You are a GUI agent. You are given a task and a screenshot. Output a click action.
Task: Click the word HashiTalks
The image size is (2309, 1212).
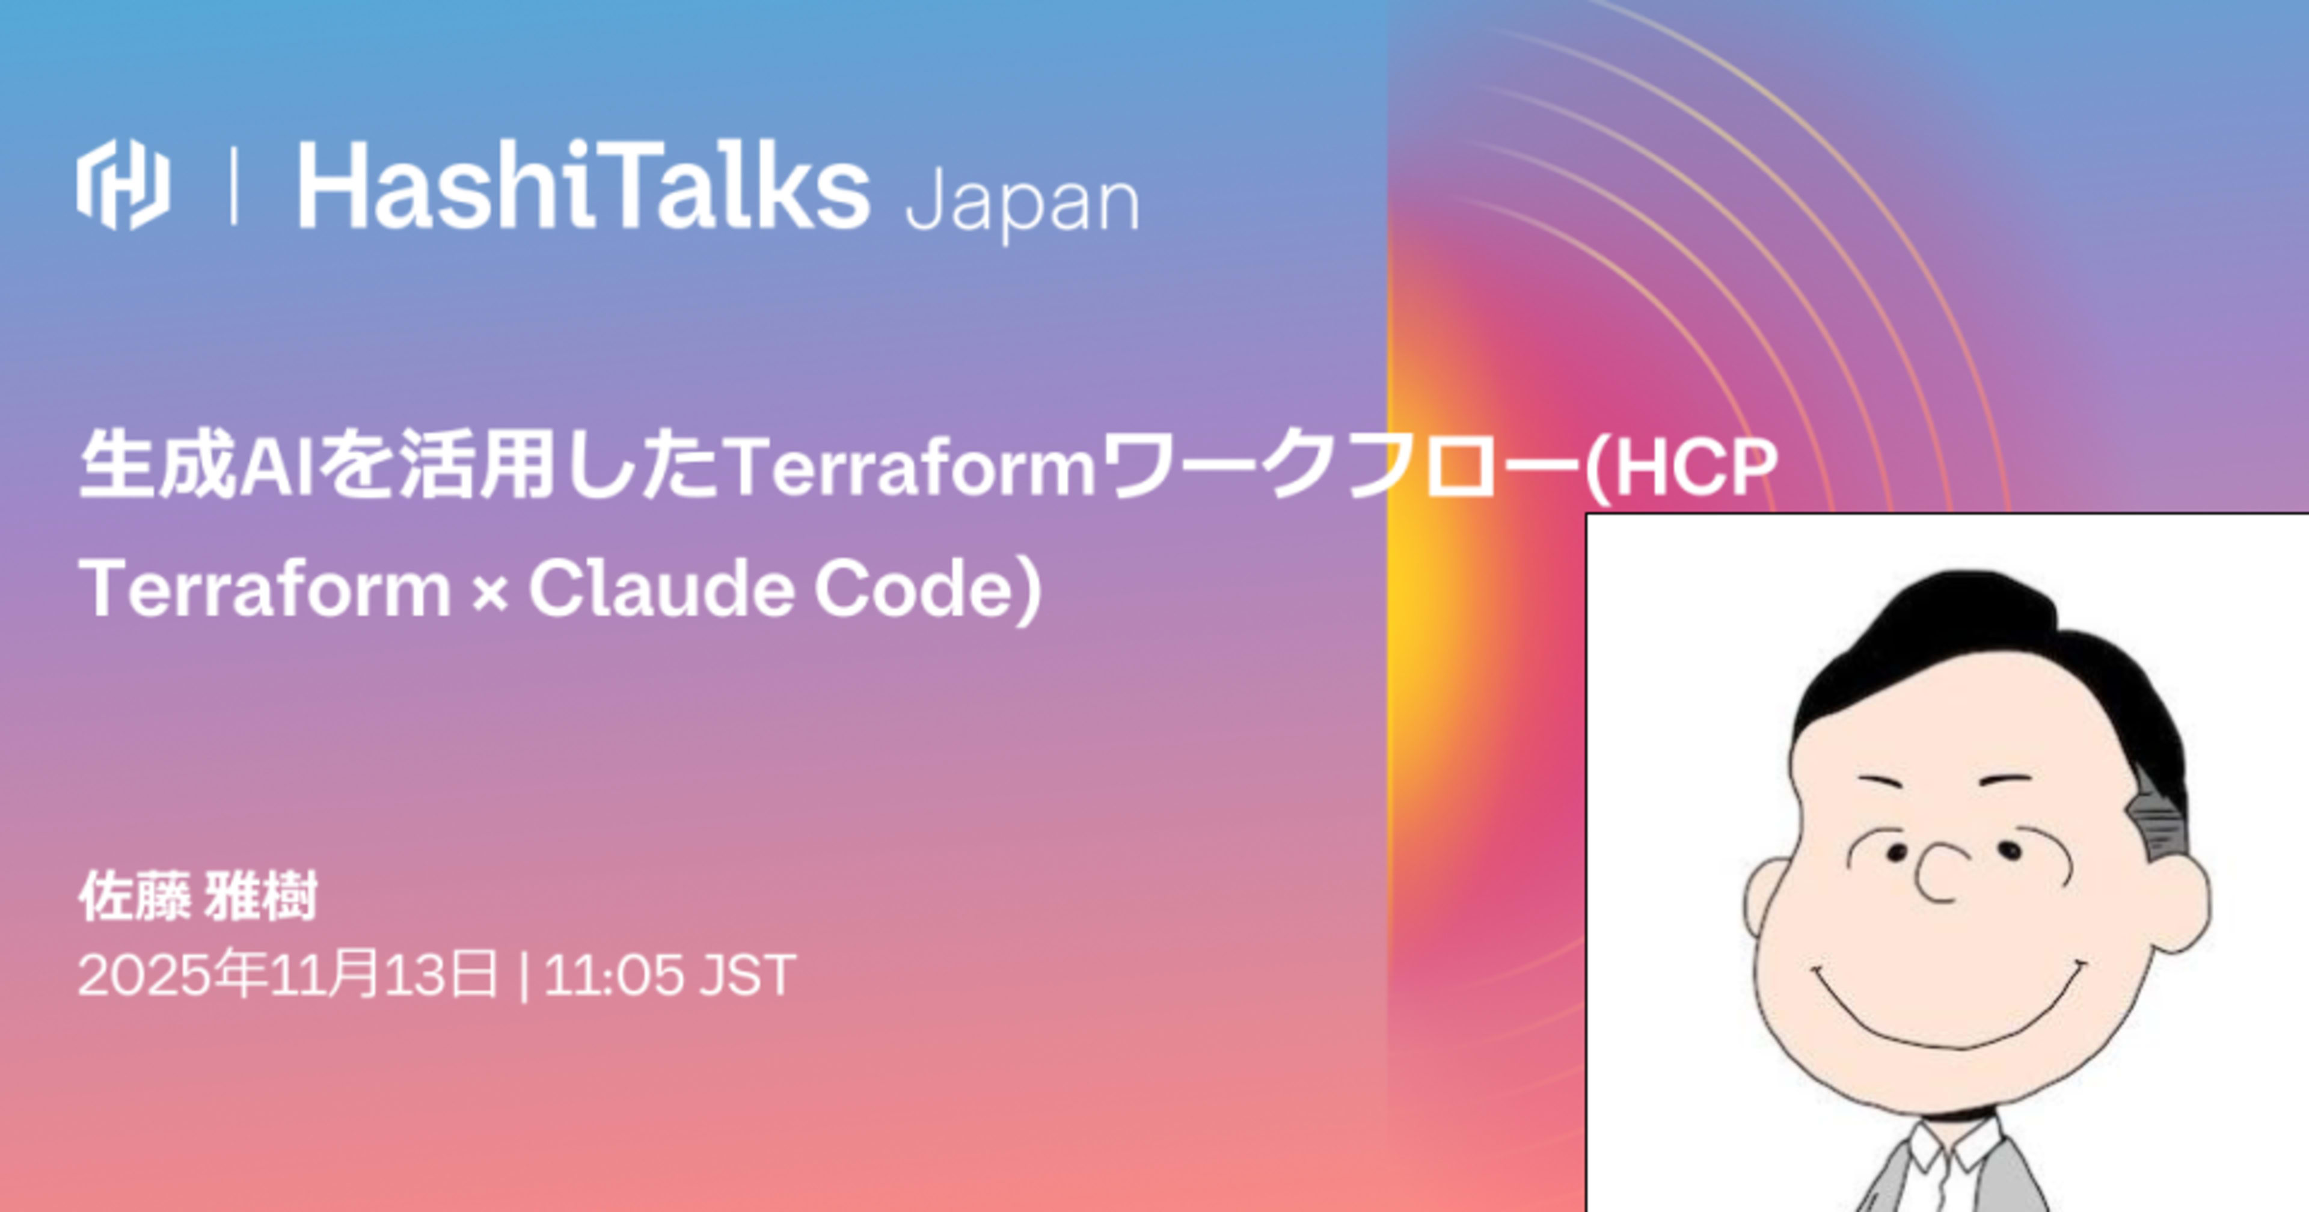(583, 186)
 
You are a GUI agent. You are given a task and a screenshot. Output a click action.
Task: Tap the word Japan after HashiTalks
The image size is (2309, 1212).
(1022, 203)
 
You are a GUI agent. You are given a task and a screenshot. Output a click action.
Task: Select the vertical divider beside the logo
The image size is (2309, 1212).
(234, 186)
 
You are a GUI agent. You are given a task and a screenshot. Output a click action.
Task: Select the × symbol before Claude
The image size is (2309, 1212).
(489, 592)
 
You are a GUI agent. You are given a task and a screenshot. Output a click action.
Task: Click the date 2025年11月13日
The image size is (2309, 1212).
(287, 975)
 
